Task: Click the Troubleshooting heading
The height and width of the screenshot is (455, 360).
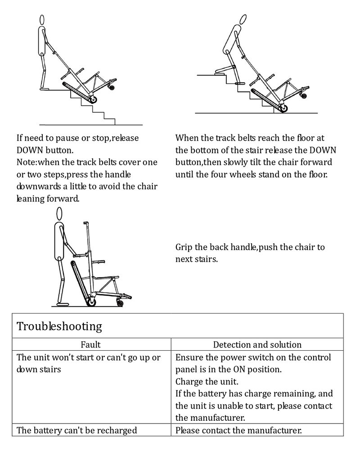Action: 59,326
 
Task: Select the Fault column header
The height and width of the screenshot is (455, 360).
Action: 91,345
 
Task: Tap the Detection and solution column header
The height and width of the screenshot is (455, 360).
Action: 257,345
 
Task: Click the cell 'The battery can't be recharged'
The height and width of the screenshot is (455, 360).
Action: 76,430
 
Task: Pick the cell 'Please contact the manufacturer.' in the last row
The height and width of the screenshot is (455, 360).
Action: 238,430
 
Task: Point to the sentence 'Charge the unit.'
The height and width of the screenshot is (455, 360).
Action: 207,382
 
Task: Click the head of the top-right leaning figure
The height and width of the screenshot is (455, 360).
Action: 243,19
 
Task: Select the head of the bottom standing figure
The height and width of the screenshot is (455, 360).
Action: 59,213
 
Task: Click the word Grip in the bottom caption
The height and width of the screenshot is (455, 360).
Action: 184,247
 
